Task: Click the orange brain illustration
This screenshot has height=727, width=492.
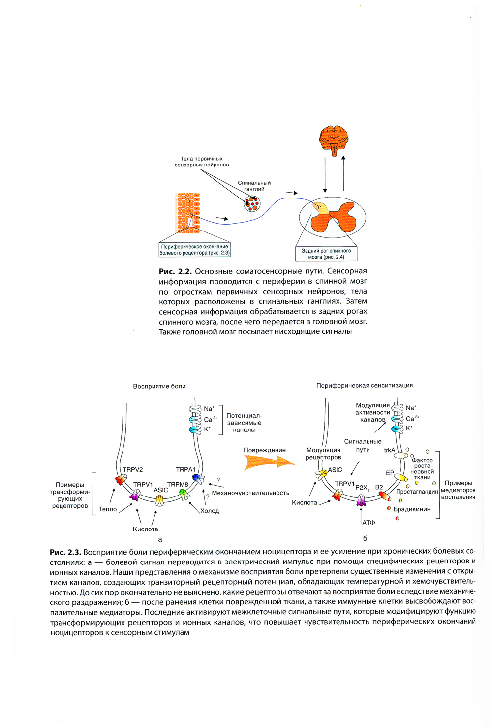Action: click(334, 139)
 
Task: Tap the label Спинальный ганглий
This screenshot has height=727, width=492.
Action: click(254, 186)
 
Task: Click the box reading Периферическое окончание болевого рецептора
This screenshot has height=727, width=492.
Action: click(194, 250)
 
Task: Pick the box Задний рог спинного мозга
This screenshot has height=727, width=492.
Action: click(326, 254)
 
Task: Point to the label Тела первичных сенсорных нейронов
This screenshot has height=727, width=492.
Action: click(201, 162)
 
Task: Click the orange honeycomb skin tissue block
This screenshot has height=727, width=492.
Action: click(188, 213)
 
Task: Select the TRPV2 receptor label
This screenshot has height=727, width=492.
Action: click(133, 470)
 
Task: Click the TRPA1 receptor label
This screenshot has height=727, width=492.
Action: click(186, 470)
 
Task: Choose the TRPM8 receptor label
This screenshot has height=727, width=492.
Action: click(178, 485)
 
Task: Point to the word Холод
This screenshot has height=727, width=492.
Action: click(210, 511)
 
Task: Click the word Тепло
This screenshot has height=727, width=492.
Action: click(108, 509)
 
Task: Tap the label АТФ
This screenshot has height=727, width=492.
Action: click(369, 522)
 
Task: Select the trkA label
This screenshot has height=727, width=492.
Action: click(390, 450)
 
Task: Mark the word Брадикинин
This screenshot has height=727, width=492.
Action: click(412, 509)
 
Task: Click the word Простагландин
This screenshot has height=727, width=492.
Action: click(417, 492)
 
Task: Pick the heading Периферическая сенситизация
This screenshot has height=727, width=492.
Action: click(365, 386)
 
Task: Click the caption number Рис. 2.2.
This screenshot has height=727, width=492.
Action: click(175, 271)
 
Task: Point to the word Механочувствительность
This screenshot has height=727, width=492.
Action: click(250, 493)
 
